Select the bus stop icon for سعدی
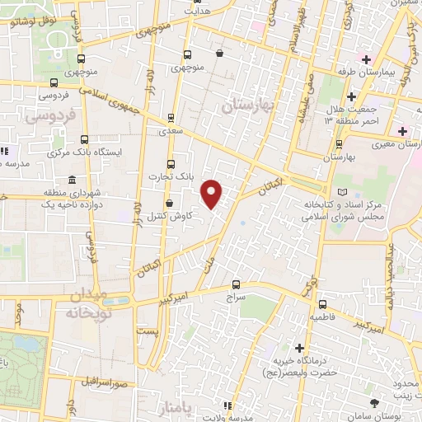(x=171, y=117)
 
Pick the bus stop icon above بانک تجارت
(x=171, y=163)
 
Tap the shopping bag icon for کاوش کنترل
(x=169, y=202)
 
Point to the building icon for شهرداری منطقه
(x=73, y=180)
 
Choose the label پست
(x=146, y=330)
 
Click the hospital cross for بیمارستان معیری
(x=402, y=131)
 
